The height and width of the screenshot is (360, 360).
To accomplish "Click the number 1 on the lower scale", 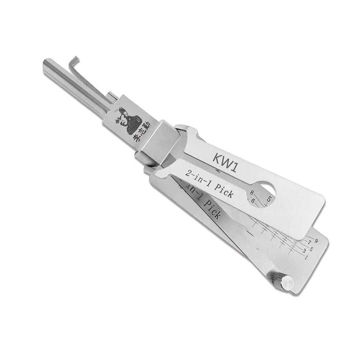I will coord(306,257).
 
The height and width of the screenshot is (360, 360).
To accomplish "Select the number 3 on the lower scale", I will coord(304,250).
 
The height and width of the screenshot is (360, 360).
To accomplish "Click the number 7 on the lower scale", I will coord(309,242).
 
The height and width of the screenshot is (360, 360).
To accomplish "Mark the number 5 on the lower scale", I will coord(311,249).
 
